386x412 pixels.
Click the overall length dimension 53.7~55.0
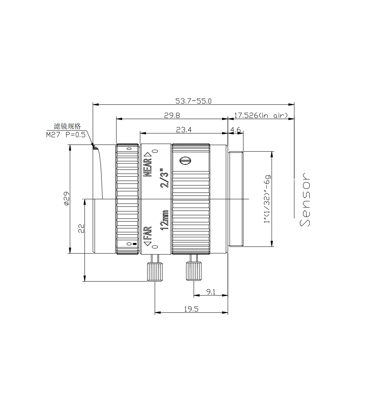(x=193, y=101)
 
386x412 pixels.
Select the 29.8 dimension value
(x=172, y=115)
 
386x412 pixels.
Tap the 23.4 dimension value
(x=184, y=130)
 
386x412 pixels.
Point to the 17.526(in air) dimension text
(x=261, y=115)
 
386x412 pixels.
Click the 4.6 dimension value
(x=236, y=130)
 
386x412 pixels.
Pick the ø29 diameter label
(x=66, y=199)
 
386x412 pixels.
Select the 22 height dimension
(x=81, y=228)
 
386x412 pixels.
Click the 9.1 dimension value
(x=211, y=292)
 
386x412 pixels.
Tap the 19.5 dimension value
(x=191, y=309)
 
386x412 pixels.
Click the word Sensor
(x=305, y=199)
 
